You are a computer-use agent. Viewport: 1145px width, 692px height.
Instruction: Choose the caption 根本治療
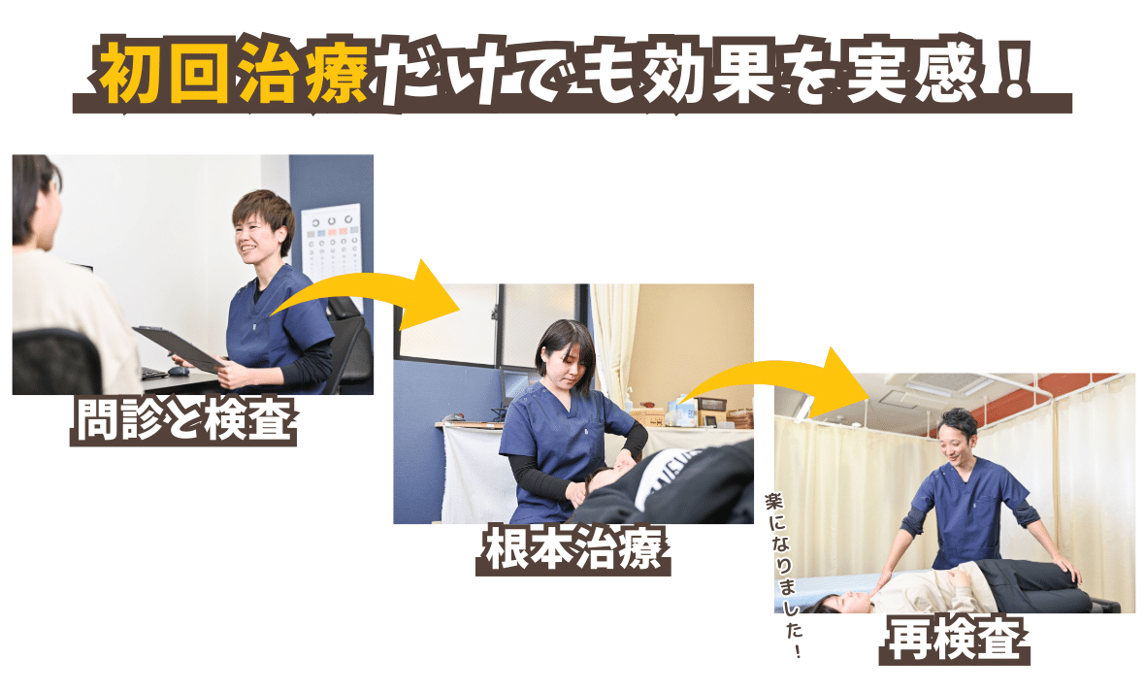pyautogui.click(x=573, y=548)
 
